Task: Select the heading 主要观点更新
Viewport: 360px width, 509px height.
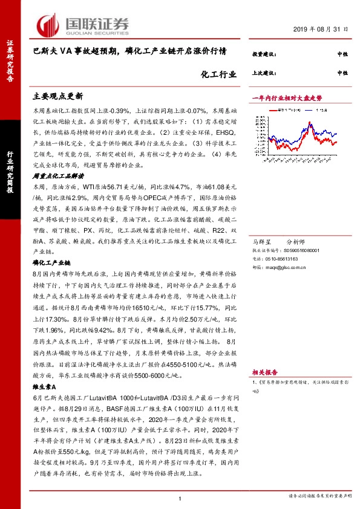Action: point(58,96)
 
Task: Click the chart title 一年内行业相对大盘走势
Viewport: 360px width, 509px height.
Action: point(287,97)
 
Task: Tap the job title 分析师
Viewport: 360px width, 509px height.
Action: point(295,240)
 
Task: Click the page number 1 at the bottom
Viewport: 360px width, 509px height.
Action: point(180,498)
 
